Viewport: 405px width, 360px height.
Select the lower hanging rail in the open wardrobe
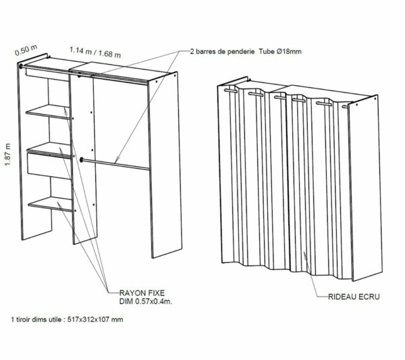pyautogui.click(x=115, y=163)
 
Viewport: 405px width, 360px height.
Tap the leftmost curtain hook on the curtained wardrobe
pyautogui.click(x=230, y=88)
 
